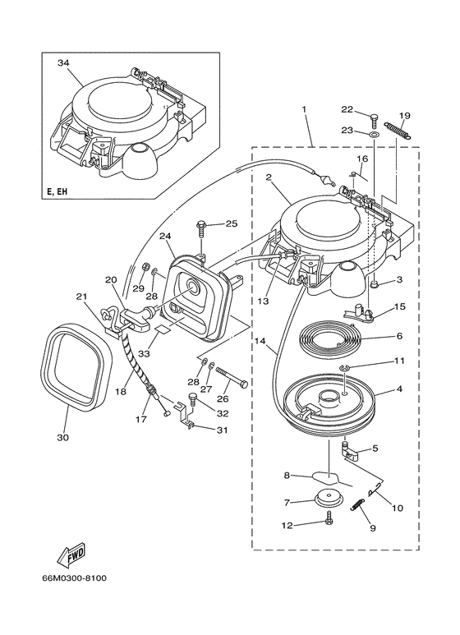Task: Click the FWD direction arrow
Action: pyautogui.click(x=71, y=556)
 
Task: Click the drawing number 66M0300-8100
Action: pyautogui.click(x=74, y=577)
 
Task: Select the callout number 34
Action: pyautogui.click(x=62, y=62)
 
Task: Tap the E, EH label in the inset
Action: pyautogui.click(x=57, y=191)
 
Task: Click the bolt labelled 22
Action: pyautogui.click(x=375, y=120)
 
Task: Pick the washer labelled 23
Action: pyautogui.click(x=375, y=133)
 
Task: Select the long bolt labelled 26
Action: pyautogui.click(x=232, y=376)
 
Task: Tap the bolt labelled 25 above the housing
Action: pyautogui.click(x=201, y=230)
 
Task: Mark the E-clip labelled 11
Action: pyautogui.click(x=343, y=368)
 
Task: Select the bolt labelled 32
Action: pyautogui.click(x=192, y=398)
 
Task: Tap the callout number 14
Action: pyautogui.click(x=260, y=342)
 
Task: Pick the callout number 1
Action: pyautogui.click(x=304, y=109)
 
